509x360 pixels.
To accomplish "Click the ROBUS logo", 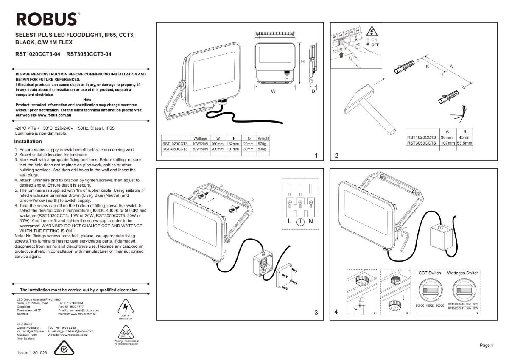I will tap(47, 19).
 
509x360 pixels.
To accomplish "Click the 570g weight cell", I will tap(263, 144).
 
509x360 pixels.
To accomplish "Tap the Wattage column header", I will tap(200, 139).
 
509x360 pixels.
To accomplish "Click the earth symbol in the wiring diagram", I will tap(299, 223).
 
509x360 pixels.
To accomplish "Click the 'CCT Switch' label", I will tap(430, 273).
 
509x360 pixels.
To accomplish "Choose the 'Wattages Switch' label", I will tap(463, 273).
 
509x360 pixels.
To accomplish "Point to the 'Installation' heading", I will tap(28, 142).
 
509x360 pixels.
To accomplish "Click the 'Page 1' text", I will tap(486, 346).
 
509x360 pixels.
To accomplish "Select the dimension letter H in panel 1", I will tap(302, 62).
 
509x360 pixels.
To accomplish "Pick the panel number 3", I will tap(316, 313).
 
